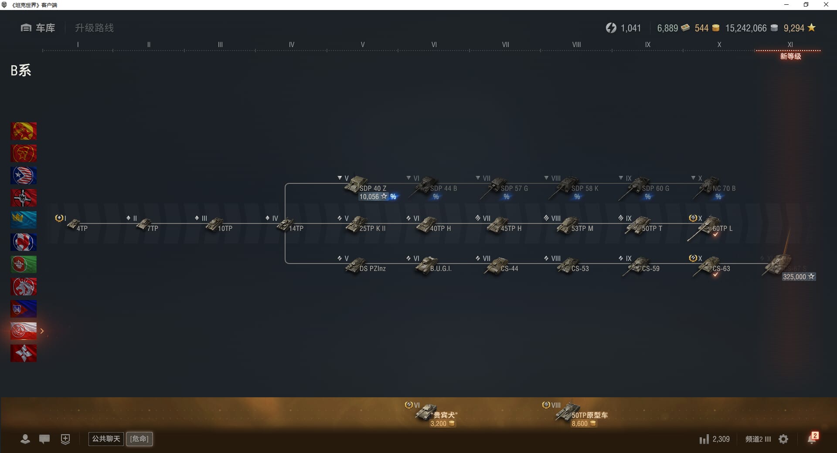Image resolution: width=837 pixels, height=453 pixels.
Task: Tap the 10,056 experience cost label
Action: pos(369,197)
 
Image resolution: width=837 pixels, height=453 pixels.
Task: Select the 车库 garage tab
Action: pos(38,28)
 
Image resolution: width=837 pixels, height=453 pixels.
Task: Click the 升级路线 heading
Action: pos(94,28)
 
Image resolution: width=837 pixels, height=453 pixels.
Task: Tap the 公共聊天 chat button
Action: pos(106,439)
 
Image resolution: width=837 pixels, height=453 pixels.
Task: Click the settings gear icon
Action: pos(783,439)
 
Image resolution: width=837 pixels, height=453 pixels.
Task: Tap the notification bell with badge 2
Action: pos(812,439)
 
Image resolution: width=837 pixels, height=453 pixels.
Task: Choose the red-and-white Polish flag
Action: pos(24,331)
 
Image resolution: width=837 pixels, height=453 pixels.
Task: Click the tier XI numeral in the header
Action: pos(790,44)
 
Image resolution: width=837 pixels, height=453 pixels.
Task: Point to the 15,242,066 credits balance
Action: pos(745,28)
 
